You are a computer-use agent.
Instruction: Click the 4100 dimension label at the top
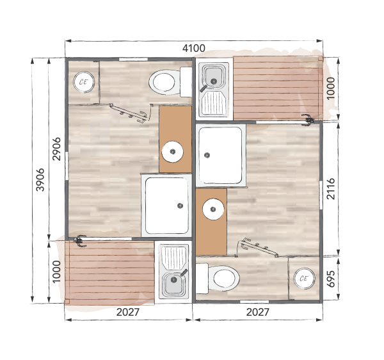click(194, 48)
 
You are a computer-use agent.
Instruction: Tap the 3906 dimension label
click(40, 179)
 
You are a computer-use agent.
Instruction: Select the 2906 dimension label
click(56, 149)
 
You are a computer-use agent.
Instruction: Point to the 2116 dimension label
click(331, 189)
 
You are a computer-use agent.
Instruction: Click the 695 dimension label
click(331, 279)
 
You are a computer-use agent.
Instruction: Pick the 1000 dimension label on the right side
click(331, 88)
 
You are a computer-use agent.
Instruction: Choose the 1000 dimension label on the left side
click(56, 272)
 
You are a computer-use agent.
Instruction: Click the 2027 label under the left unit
click(127, 312)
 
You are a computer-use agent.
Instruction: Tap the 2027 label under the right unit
click(258, 312)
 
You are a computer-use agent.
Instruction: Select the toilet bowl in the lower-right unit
click(225, 279)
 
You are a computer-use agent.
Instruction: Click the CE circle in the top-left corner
click(84, 82)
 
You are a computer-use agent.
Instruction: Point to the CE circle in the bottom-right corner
click(304, 279)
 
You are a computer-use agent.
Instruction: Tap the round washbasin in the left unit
click(173, 151)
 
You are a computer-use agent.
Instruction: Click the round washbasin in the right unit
click(213, 209)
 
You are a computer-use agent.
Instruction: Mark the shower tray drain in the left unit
click(180, 206)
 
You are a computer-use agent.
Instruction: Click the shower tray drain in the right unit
click(207, 155)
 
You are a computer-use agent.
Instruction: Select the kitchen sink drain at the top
click(214, 81)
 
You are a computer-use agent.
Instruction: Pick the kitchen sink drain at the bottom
click(174, 280)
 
